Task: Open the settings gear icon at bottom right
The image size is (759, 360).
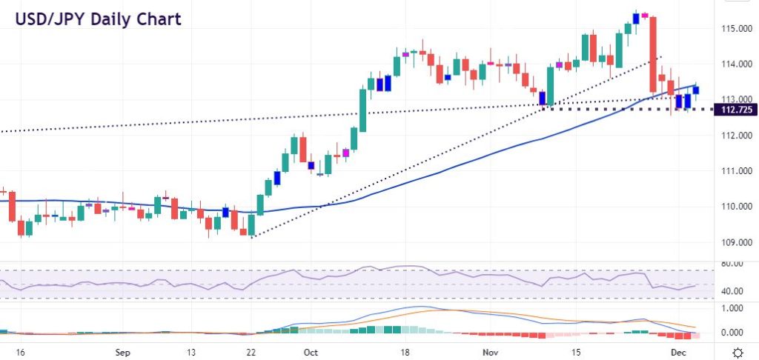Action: [738, 353]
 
